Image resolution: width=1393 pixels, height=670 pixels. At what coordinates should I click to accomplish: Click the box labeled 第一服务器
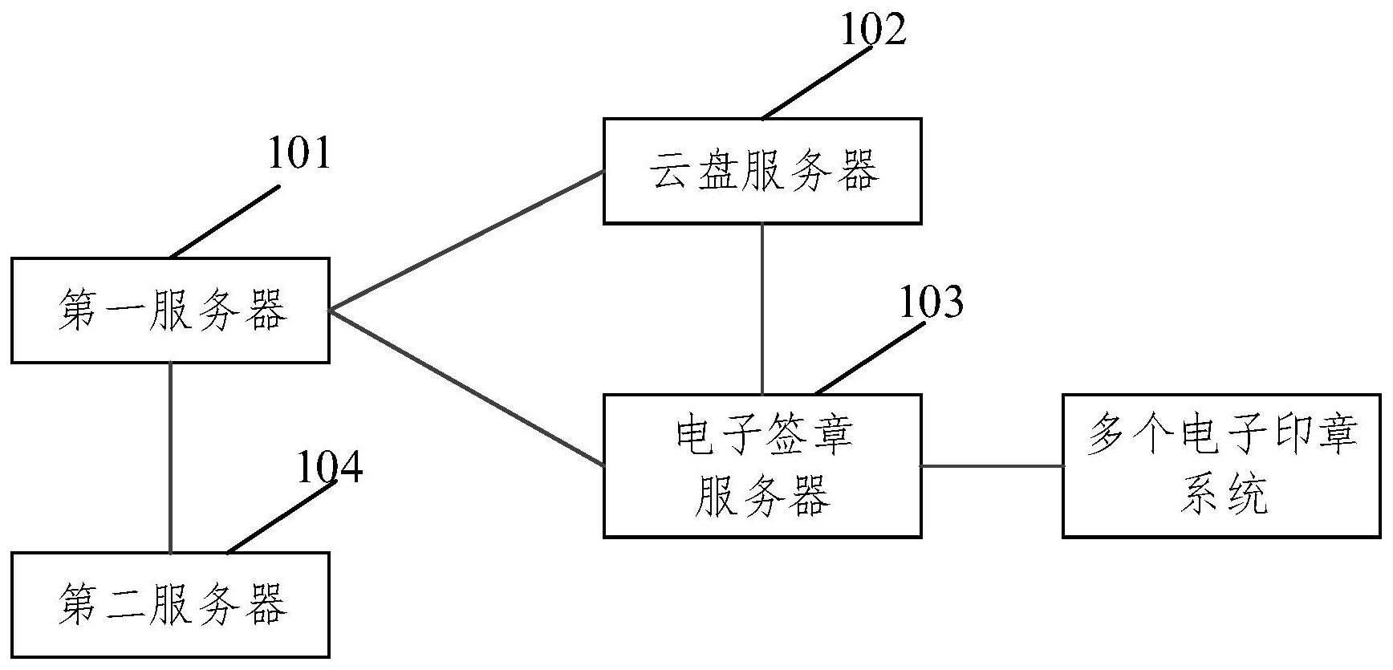point(170,311)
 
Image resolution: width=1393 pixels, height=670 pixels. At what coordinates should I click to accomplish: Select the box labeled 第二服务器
point(170,605)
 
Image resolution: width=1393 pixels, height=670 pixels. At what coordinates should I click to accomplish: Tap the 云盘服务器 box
point(761,171)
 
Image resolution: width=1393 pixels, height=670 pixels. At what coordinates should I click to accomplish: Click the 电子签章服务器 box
point(761,465)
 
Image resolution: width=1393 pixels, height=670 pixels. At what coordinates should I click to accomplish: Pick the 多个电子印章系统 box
point(1221,465)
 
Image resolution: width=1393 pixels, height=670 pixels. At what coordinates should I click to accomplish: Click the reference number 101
point(298,154)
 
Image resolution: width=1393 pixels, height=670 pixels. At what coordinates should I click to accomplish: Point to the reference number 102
point(873,30)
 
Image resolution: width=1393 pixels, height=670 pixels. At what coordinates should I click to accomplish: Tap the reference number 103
point(931,303)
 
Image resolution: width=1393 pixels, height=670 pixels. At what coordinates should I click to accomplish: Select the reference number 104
point(330,469)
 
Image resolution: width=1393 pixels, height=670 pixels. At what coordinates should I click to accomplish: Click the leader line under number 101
point(225,221)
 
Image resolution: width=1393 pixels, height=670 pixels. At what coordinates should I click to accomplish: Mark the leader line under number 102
point(816,83)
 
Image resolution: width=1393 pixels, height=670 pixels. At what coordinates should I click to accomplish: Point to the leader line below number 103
point(871,359)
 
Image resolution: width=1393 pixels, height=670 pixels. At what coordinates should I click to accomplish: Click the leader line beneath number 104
point(281,518)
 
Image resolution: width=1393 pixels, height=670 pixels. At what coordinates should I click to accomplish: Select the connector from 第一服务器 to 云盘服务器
point(465,241)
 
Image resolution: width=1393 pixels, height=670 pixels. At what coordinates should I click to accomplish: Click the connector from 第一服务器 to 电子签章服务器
point(465,388)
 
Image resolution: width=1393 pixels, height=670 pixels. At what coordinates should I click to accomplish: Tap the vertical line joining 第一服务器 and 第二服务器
point(171,457)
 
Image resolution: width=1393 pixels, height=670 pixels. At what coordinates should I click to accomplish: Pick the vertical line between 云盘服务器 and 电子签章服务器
point(761,309)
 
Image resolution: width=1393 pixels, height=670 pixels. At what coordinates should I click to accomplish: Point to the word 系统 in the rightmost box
point(1223,494)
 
